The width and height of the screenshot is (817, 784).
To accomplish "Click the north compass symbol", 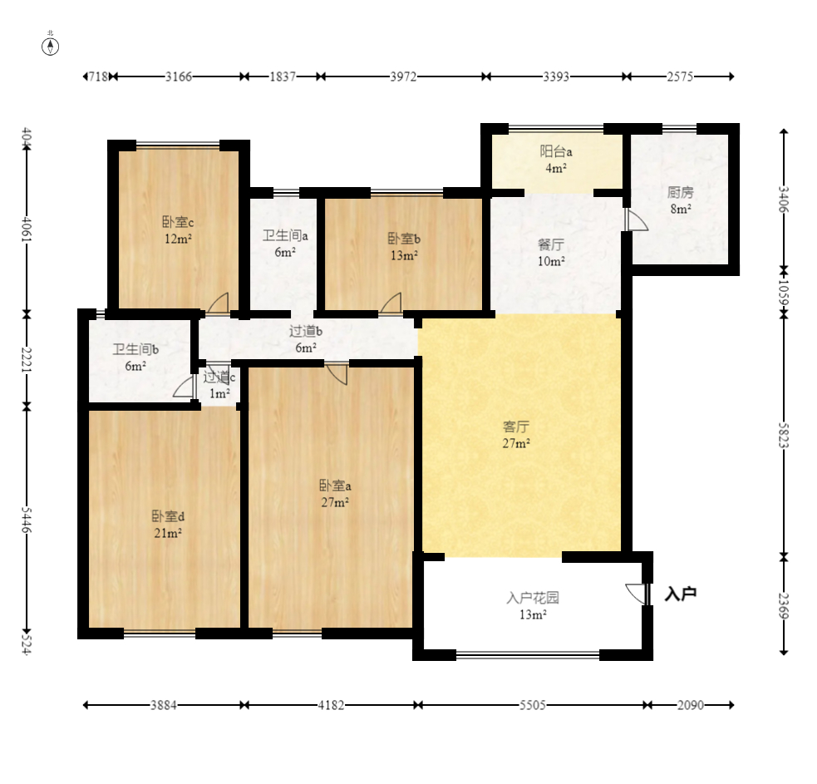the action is click(50, 47).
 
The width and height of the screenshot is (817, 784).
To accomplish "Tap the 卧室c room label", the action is click(178, 223).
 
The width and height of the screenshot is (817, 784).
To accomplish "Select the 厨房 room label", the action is click(680, 193).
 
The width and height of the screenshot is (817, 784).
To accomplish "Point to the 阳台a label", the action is click(556, 151).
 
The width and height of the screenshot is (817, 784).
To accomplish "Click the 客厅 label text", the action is click(516, 427).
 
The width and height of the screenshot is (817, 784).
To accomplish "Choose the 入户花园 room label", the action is click(533, 598).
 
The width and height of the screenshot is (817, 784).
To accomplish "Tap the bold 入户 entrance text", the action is click(681, 594).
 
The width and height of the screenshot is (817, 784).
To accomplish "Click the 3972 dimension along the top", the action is click(403, 76).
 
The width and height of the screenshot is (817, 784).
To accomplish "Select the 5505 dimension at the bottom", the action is click(533, 705).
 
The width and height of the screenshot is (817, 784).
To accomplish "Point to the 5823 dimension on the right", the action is click(784, 436).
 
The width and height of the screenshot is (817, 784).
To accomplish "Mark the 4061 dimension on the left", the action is click(27, 229).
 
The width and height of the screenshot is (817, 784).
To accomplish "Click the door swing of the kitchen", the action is click(636, 220).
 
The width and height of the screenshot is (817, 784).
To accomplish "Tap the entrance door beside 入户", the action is click(637, 594).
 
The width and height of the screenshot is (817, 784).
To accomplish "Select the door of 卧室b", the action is click(391, 303).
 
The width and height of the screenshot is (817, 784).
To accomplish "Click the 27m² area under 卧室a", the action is click(335, 502).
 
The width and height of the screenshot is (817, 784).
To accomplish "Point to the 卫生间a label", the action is click(285, 235).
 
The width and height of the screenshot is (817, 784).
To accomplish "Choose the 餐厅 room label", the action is click(551, 244).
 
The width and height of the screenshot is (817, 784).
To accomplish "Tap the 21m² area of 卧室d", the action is click(168, 533).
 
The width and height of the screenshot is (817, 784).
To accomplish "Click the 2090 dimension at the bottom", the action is click(691, 705).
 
